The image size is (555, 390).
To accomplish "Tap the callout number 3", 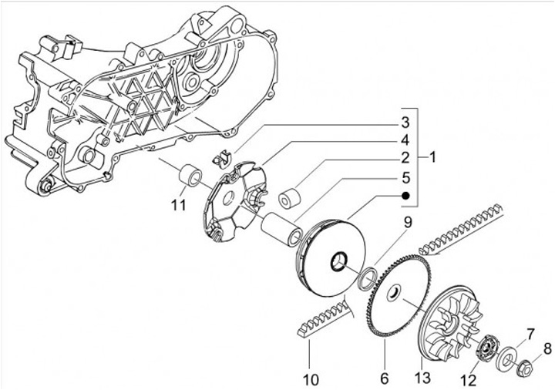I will pyautogui.click(x=402, y=123).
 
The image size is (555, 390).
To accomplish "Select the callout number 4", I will pyautogui.click(x=402, y=140).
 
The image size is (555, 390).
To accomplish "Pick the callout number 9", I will pyautogui.click(x=407, y=224).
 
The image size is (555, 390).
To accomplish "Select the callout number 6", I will pyautogui.click(x=384, y=378).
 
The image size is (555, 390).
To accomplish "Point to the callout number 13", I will pyautogui.click(x=422, y=378).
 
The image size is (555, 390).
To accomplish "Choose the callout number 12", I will pyautogui.click(x=468, y=378).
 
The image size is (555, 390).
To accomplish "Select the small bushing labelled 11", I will pyautogui.click(x=191, y=176).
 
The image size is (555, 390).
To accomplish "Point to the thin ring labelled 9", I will pyautogui.click(x=368, y=276).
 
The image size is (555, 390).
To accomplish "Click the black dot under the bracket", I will pyautogui.click(x=402, y=196).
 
